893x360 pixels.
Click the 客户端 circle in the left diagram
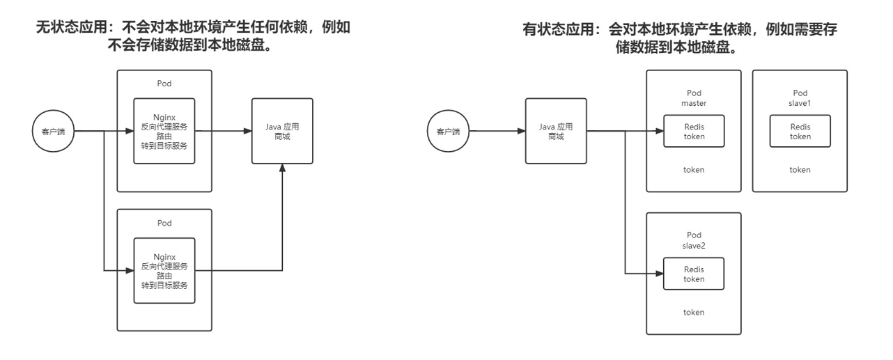(x=54, y=131)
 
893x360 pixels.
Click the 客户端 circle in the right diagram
(x=448, y=131)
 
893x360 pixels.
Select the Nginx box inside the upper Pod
(x=164, y=131)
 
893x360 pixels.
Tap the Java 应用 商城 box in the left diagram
(x=282, y=131)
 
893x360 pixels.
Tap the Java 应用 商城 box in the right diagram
(x=555, y=131)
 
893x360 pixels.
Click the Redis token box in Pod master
(x=694, y=131)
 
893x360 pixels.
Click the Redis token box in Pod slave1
(x=800, y=131)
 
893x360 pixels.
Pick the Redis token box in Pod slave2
(x=694, y=274)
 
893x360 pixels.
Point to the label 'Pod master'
(x=694, y=97)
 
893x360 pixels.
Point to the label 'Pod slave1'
(x=800, y=97)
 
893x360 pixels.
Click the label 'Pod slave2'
(x=694, y=240)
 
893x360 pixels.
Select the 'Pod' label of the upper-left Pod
(x=164, y=84)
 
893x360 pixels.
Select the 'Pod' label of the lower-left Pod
(x=164, y=224)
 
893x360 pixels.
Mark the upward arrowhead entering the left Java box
(x=282, y=169)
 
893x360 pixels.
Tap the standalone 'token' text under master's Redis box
(x=694, y=169)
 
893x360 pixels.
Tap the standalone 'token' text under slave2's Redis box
(x=694, y=312)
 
